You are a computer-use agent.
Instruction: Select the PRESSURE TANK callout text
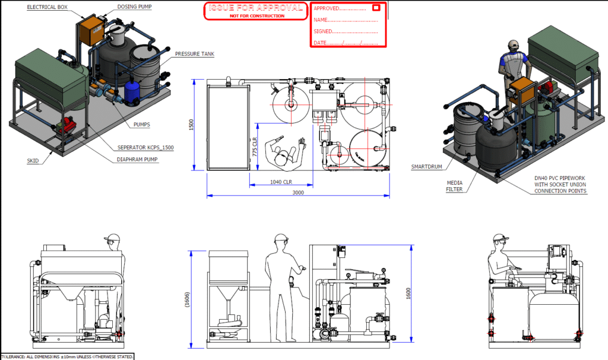pyautogui.click(x=194, y=54)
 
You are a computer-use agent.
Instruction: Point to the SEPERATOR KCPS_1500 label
pyautogui.click(x=145, y=147)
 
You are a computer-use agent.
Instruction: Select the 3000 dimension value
pyautogui.click(x=298, y=192)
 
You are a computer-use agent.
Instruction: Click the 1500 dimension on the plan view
pyautogui.click(x=191, y=124)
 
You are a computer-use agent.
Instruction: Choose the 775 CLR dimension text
pyautogui.click(x=254, y=146)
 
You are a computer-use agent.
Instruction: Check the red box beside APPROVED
pyautogui.click(x=376, y=8)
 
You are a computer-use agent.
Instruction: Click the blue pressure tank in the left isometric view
pyautogui.click(x=131, y=91)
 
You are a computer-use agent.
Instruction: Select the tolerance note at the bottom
pyautogui.click(x=67, y=356)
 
